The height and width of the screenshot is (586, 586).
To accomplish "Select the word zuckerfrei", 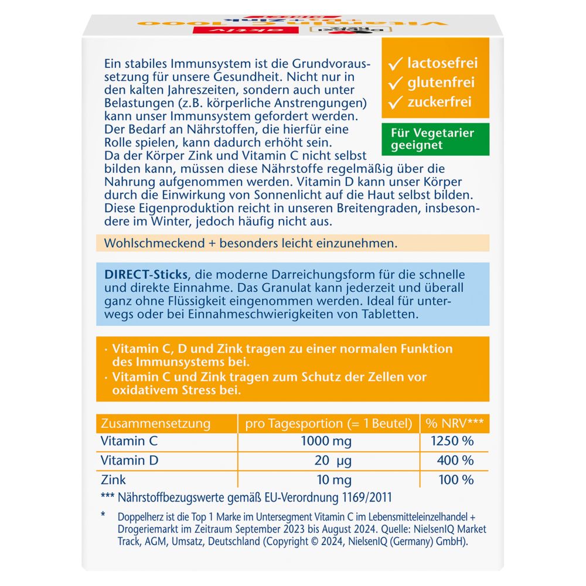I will point(440,102).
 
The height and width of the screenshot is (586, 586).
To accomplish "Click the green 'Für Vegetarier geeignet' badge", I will point(435,139).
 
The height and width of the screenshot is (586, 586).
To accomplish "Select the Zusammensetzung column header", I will point(155,424).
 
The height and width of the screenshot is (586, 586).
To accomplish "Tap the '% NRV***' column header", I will point(455,424).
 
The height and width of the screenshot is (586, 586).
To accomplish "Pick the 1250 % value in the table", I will point(455,442).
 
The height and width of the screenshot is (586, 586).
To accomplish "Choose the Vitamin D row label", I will point(130,461).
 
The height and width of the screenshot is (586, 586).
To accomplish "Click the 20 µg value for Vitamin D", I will point(332,461).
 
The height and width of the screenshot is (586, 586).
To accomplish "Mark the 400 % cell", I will point(455,461).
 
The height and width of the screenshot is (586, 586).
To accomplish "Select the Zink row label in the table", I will point(114,480).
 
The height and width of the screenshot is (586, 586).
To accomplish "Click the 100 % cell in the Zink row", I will point(455,480).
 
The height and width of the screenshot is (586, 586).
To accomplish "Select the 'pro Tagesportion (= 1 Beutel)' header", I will point(328,424).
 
